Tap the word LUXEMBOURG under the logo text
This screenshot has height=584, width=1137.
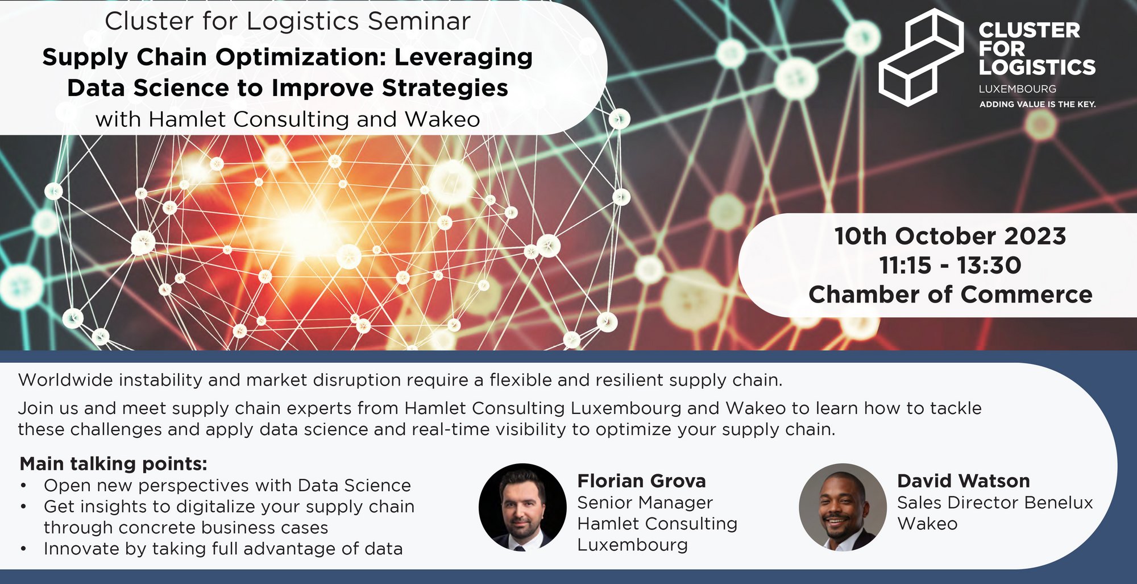click(1017, 89)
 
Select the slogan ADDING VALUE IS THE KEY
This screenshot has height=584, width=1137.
click(1037, 104)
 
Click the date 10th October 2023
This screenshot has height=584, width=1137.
click(950, 236)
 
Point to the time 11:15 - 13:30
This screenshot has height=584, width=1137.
click(950, 265)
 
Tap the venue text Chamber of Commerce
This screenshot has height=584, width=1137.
click(950, 295)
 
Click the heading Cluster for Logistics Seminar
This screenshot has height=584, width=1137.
click(288, 22)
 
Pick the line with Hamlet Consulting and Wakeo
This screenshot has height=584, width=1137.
click(288, 119)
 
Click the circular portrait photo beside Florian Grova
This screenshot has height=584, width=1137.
click(522, 507)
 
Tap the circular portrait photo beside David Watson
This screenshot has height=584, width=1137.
click(843, 507)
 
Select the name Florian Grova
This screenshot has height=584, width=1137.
click(641, 481)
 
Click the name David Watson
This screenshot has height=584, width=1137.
click(963, 481)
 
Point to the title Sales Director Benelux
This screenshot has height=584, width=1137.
click(995, 503)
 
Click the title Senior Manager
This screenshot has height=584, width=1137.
click(645, 503)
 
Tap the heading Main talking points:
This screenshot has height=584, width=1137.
click(113, 464)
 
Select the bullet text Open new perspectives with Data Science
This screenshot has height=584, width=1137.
click(227, 486)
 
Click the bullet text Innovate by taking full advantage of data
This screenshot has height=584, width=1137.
click(223, 549)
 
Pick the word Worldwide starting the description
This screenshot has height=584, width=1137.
click(65, 380)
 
